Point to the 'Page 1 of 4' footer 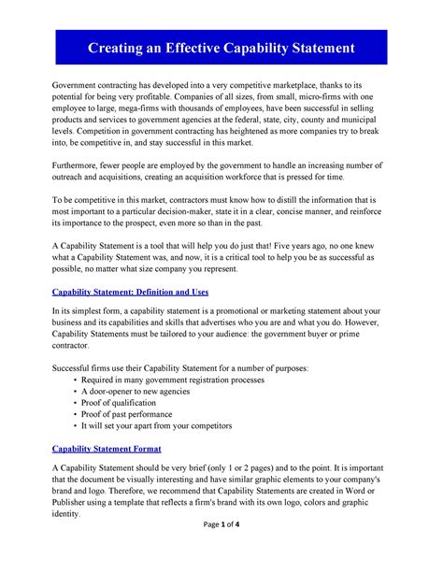[x=221, y=551]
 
